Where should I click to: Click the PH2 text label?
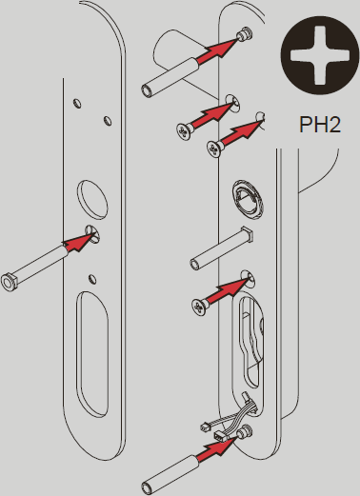[x=320, y=125]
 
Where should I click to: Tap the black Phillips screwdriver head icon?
[x=320, y=55]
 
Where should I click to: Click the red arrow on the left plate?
[x=78, y=242]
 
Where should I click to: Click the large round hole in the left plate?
[x=92, y=200]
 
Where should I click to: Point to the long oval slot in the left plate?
[x=92, y=354]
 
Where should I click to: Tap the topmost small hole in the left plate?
[x=77, y=103]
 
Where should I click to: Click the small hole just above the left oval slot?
[x=92, y=278]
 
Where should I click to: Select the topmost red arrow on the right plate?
[x=216, y=49]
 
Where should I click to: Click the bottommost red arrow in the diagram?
[x=216, y=447]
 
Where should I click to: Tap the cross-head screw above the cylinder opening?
[x=199, y=308]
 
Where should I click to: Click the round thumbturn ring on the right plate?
[x=248, y=200]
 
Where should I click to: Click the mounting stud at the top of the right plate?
[x=246, y=34]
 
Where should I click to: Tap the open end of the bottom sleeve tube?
[x=148, y=487]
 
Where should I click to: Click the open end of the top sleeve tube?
[x=147, y=89]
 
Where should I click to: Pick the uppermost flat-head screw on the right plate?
[x=185, y=131]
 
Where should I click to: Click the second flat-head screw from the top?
[x=215, y=149]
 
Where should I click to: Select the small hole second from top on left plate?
[x=108, y=121]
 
